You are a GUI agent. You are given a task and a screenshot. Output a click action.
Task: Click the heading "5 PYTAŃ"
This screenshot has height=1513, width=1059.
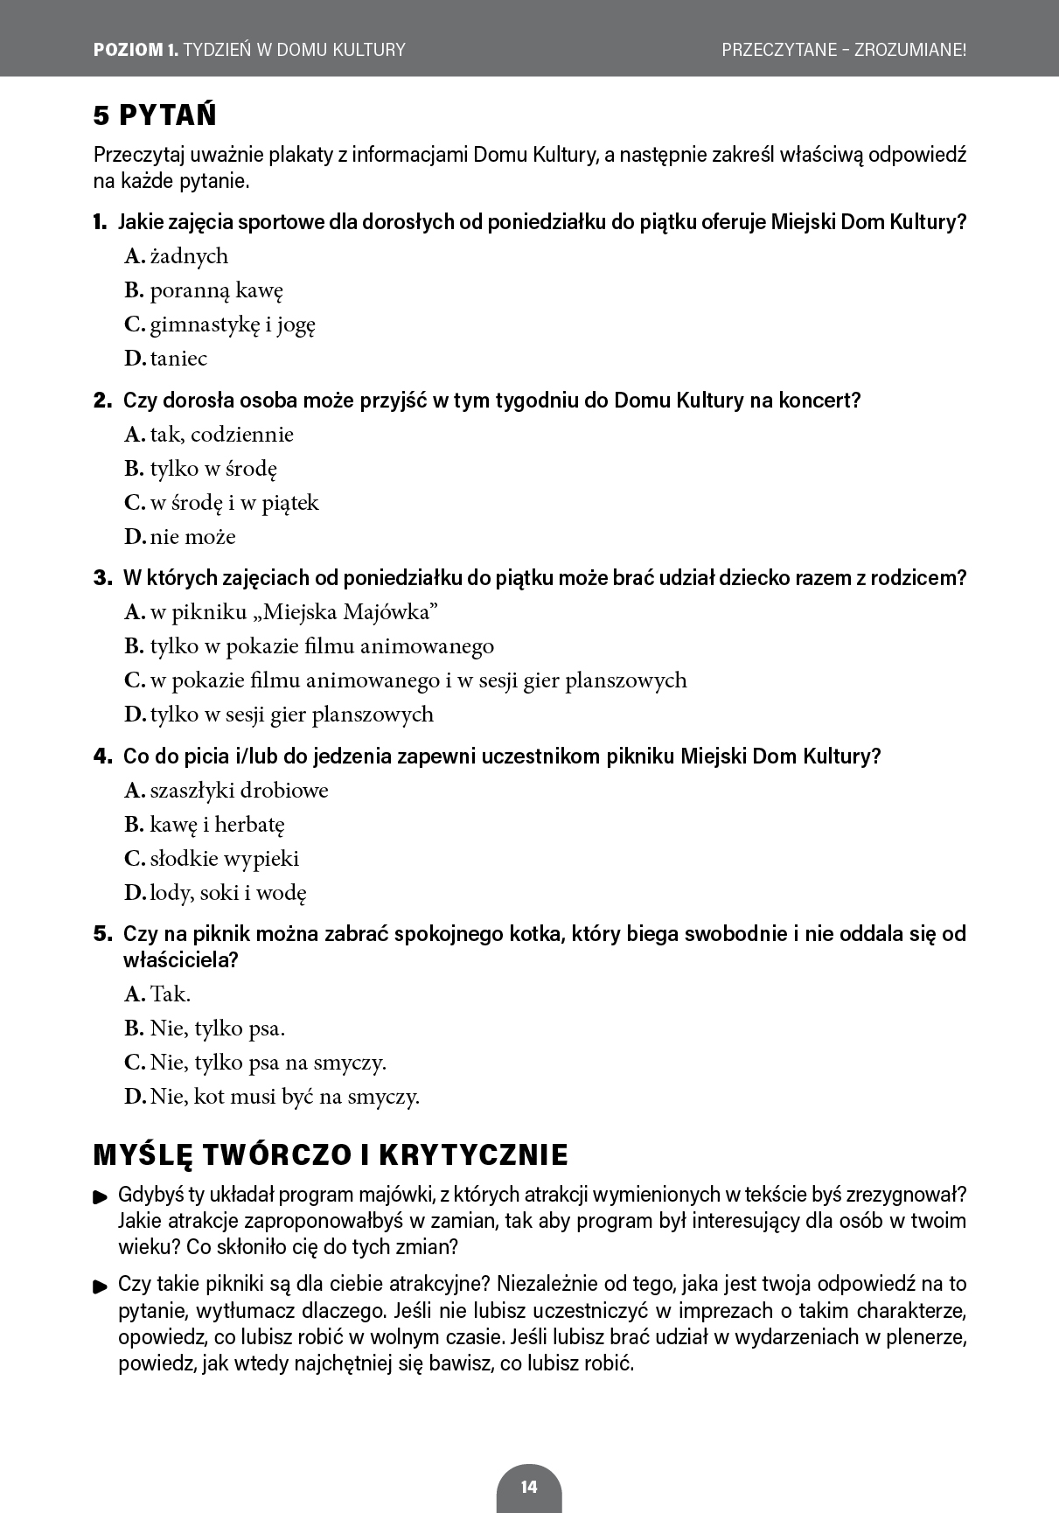pos(155,115)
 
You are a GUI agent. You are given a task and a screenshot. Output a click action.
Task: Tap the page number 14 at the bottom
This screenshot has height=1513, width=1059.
pos(528,1486)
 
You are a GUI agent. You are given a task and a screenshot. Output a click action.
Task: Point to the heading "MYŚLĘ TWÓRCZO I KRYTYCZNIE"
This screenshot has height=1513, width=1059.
pos(331,1154)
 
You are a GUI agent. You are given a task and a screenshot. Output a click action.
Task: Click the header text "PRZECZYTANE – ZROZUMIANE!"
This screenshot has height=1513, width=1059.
pos(844,50)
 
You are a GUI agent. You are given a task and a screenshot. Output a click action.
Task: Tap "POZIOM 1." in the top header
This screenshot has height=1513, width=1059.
pos(135,50)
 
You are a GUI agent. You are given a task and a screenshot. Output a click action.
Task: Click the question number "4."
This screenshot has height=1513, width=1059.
pos(102,756)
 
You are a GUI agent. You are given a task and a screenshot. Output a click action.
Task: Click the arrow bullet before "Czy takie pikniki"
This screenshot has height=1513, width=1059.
pos(101,1286)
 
